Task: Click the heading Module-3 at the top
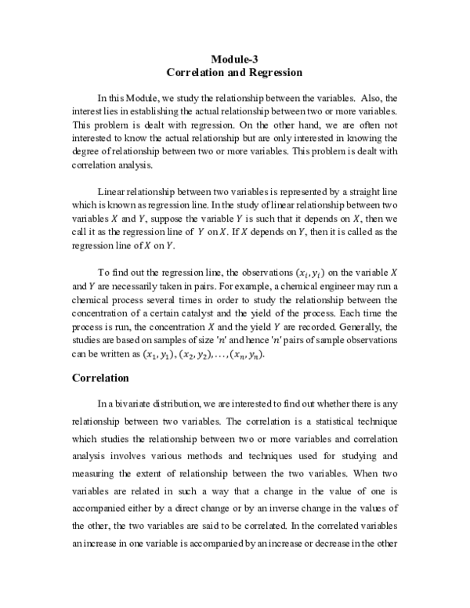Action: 235,59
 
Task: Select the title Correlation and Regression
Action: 235,72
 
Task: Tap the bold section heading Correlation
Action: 100,378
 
